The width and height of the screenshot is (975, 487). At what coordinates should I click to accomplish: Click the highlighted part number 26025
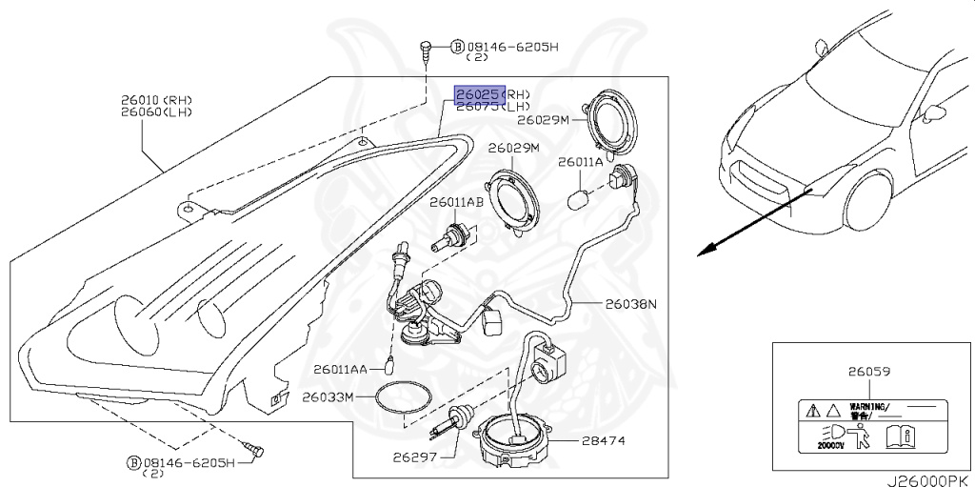click(477, 94)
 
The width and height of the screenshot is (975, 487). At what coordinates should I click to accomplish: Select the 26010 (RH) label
click(156, 99)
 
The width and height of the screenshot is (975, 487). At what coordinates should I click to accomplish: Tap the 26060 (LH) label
click(156, 112)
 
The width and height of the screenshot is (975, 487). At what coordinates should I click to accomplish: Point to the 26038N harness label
click(631, 305)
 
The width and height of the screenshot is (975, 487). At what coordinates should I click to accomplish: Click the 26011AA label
click(337, 369)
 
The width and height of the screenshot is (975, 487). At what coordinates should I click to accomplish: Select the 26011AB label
click(456, 203)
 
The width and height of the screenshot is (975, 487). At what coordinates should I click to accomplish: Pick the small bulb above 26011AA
click(390, 360)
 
